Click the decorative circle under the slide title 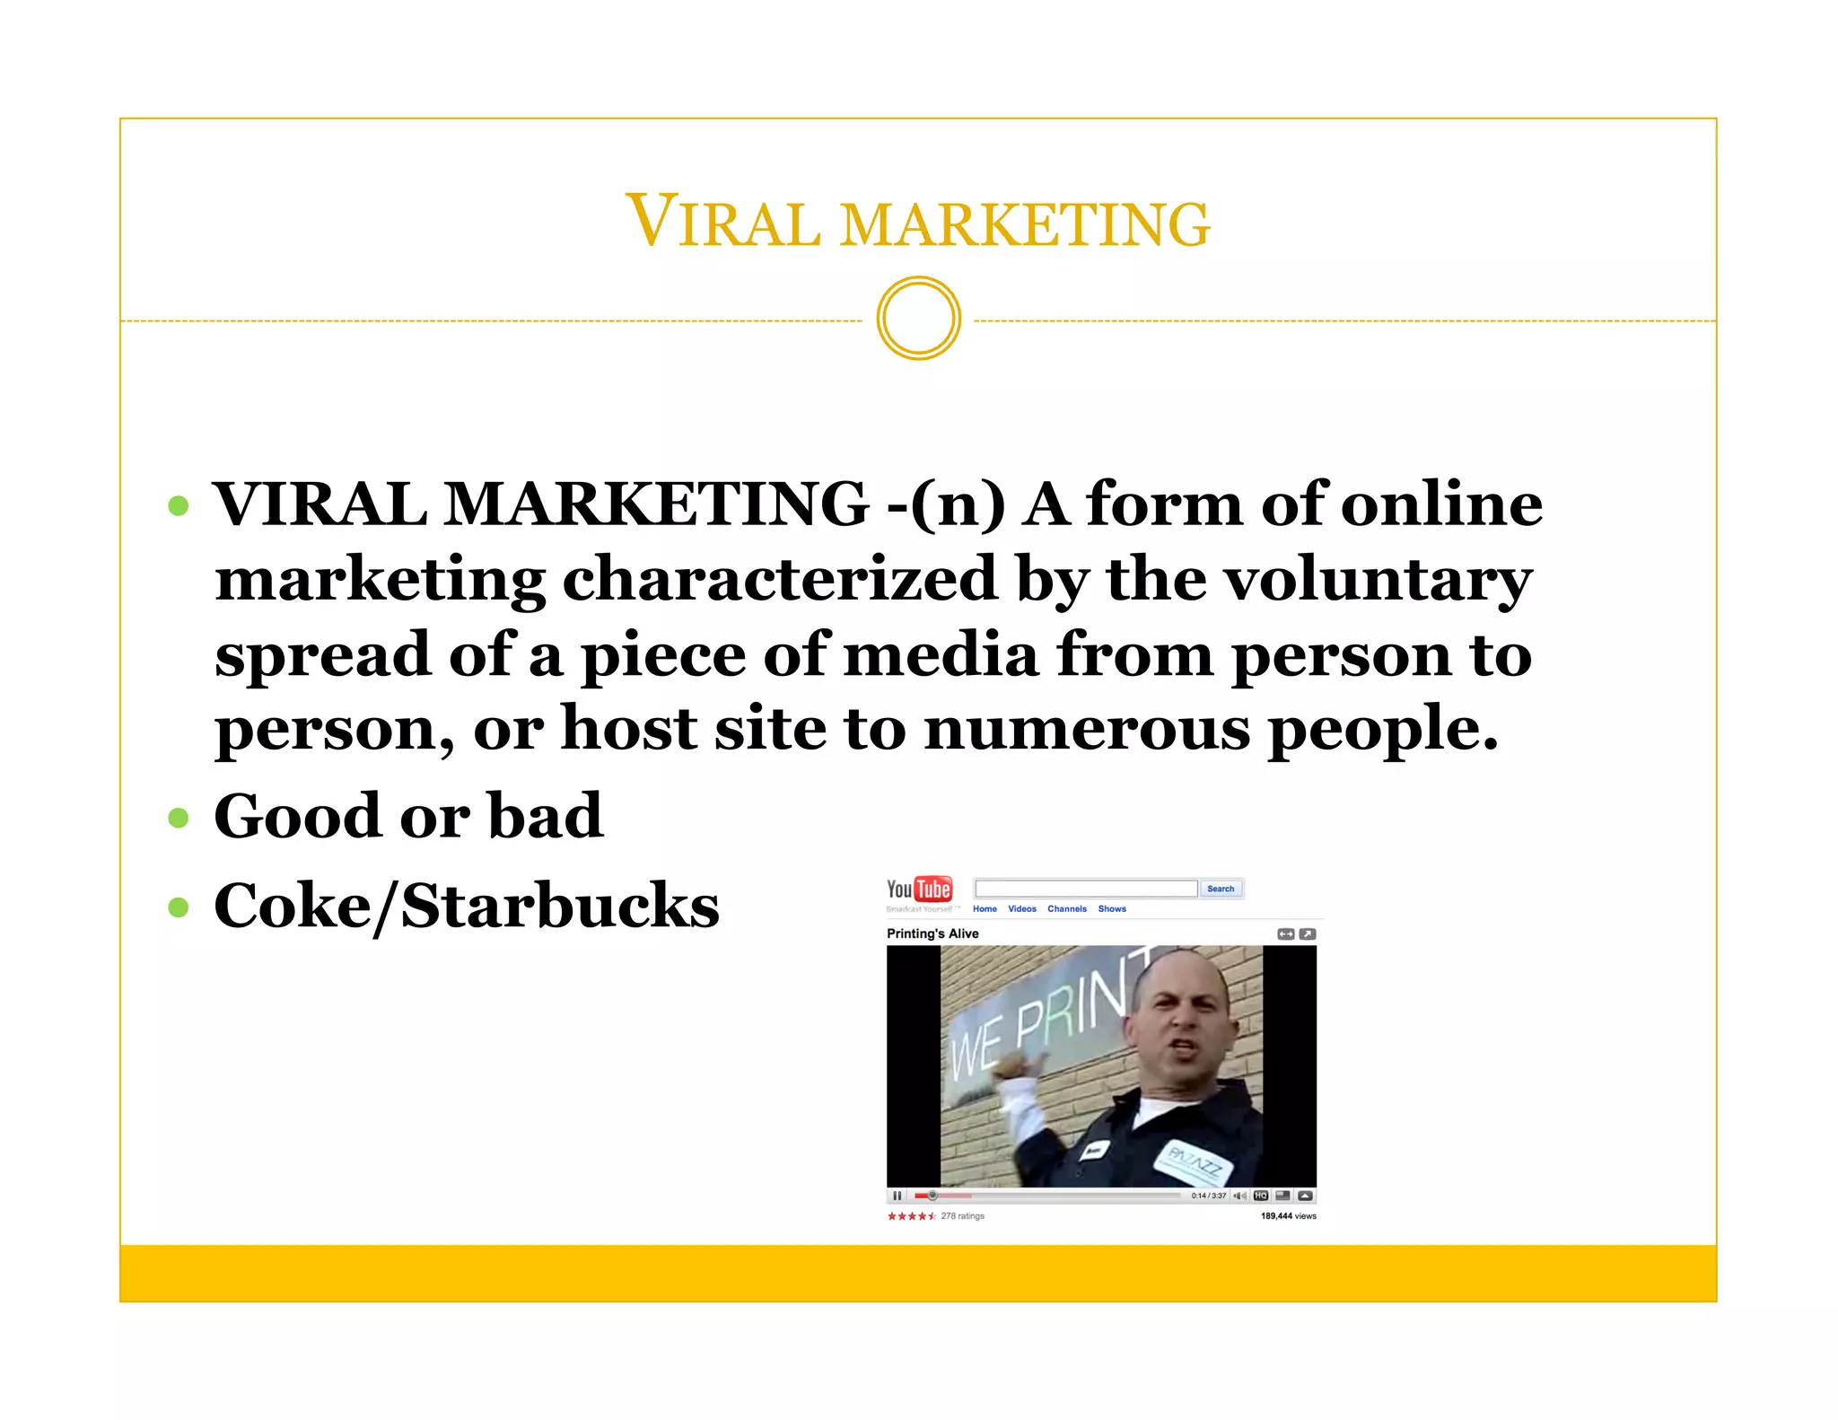(x=918, y=319)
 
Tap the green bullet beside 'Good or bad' (x=179, y=818)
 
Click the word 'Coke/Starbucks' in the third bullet (x=466, y=906)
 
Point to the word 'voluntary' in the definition (x=1378, y=581)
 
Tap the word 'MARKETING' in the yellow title (x=1025, y=224)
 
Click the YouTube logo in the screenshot (x=919, y=890)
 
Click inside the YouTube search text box (x=1086, y=889)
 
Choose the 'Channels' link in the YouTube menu (x=1066, y=909)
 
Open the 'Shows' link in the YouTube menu (x=1112, y=909)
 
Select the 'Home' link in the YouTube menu (x=985, y=909)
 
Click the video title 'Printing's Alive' (x=932, y=934)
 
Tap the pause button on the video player (x=897, y=1196)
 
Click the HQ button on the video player (x=1261, y=1196)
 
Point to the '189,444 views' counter (x=1288, y=1216)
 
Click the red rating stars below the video (x=911, y=1216)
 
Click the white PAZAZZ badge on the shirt (x=1194, y=1165)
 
